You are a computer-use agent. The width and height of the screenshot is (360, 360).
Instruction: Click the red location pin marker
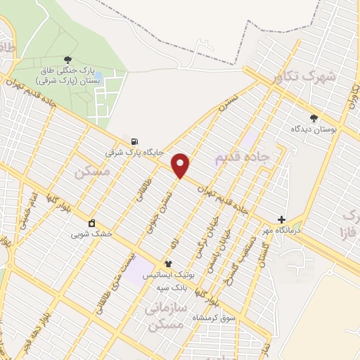pyautogui.click(x=181, y=165)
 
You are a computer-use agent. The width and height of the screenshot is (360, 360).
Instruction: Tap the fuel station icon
pyautogui.click(x=126, y=140)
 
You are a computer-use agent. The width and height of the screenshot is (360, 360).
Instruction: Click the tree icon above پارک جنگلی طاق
pyautogui.click(x=67, y=59)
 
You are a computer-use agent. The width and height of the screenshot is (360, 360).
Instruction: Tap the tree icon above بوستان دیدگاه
pyautogui.click(x=314, y=118)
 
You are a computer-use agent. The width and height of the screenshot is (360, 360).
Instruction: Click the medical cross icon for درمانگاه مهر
pyautogui.click(x=281, y=219)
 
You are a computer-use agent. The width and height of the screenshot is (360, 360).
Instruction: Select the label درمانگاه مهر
pyautogui.click(x=268, y=231)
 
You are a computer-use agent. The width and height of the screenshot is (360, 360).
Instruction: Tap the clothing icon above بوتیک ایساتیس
pyautogui.click(x=168, y=264)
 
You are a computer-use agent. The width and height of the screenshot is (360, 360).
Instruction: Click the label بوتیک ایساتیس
pyautogui.click(x=167, y=275)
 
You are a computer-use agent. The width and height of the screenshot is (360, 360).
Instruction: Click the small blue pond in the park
pyautogui.click(x=98, y=75)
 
